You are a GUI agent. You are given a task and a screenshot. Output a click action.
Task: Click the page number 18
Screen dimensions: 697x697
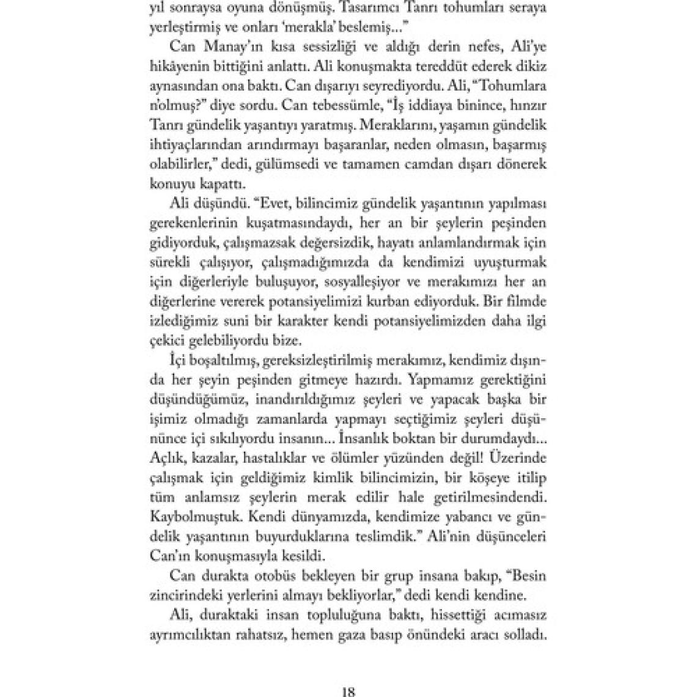pos(348,691)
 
